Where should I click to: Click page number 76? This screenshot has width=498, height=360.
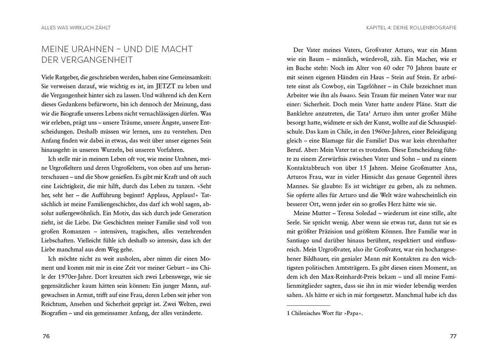tap(46, 337)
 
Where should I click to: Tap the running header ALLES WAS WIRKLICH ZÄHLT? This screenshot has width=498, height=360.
tap(76, 28)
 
